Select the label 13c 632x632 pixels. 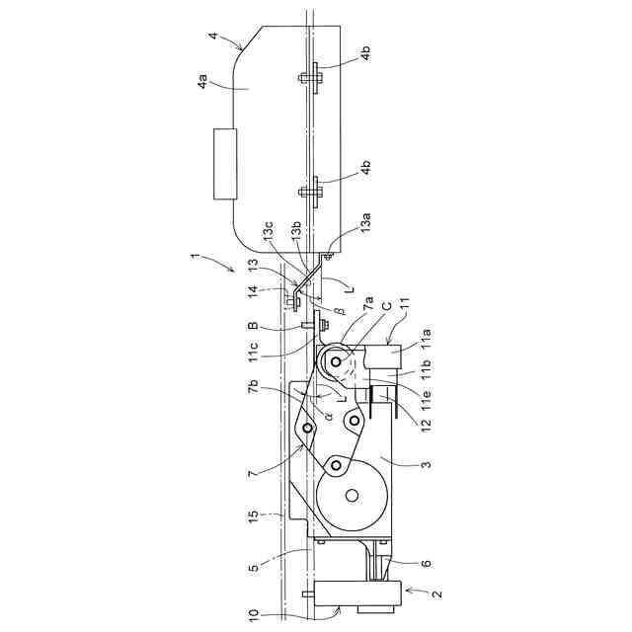click(268, 233)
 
